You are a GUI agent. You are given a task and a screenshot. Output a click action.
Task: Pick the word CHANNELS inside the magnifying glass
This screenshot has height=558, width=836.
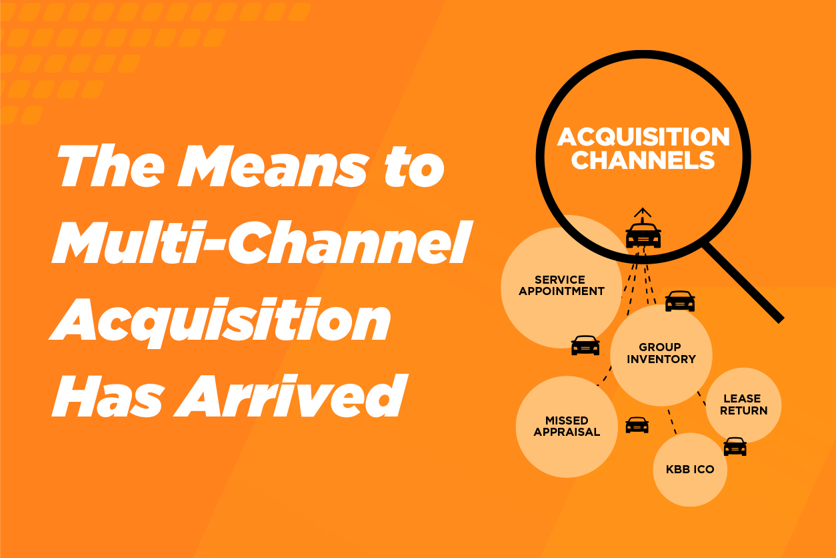click(x=643, y=161)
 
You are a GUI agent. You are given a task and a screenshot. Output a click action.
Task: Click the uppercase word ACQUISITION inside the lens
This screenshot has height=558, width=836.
click(x=643, y=137)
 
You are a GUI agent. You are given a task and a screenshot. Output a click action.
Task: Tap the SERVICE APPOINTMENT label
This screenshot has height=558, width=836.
click(x=561, y=285)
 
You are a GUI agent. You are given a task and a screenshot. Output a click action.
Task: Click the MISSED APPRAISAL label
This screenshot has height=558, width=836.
click(x=567, y=426)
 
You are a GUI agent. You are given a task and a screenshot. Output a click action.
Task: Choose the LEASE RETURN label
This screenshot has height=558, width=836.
click(x=743, y=404)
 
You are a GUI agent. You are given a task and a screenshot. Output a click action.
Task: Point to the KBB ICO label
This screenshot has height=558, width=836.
click(x=690, y=469)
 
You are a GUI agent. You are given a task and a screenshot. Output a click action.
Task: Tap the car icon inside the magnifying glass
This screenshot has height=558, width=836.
click(x=643, y=235)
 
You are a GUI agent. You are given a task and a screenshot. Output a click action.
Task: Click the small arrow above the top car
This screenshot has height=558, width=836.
click(x=642, y=212)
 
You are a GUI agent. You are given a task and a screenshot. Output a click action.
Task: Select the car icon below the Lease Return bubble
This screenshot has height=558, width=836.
click(x=735, y=447)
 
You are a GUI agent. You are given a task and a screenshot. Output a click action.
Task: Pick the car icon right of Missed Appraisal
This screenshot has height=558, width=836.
click(x=637, y=425)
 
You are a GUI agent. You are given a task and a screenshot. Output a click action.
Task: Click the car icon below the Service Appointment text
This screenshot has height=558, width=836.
click(x=585, y=345)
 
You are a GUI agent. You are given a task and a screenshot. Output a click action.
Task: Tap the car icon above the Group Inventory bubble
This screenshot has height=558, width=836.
click(x=680, y=301)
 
